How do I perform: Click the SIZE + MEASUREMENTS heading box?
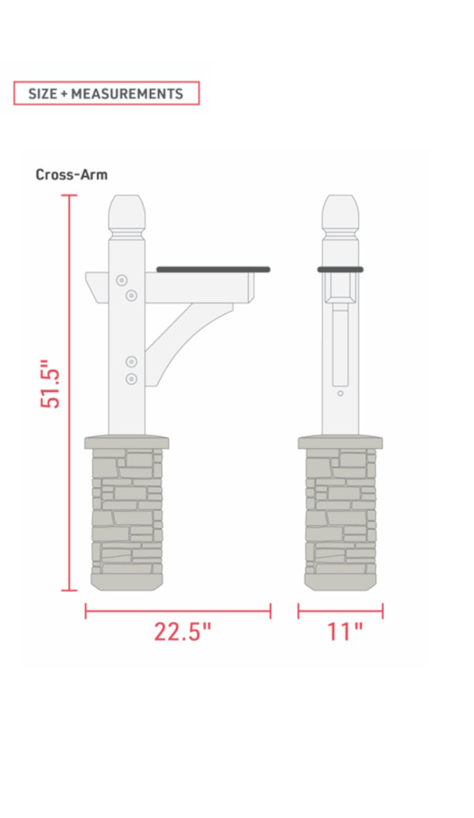point(106,93)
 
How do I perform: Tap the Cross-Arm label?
point(71,175)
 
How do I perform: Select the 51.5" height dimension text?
point(51,385)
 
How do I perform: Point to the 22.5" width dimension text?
point(182,633)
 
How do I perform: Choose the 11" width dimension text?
point(344,633)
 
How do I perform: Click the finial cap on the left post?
point(126,212)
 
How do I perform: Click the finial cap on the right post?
point(340,212)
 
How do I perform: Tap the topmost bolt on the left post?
point(122,281)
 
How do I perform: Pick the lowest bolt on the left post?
point(132,379)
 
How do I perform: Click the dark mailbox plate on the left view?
point(213,270)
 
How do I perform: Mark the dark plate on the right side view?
point(340,270)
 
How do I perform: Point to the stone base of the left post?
point(126,518)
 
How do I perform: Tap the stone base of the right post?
point(340,518)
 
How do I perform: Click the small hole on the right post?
point(340,393)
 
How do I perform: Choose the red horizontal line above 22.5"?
point(178,611)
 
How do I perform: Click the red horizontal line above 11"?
point(340,611)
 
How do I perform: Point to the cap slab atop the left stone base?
point(126,441)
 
